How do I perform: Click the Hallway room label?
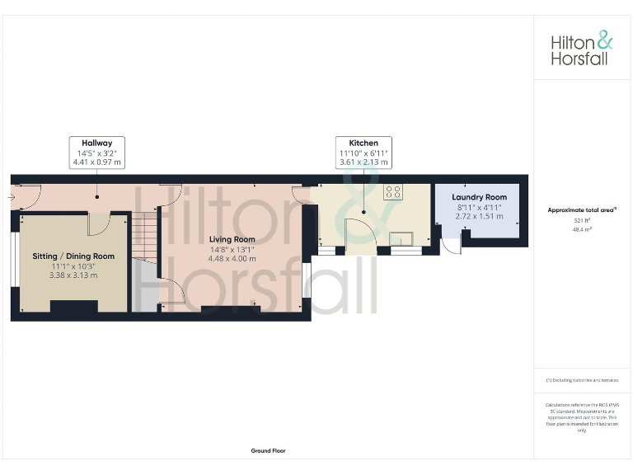(x=96, y=142)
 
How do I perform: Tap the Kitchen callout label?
(x=363, y=142)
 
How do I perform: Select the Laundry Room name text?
(x=479, y=197)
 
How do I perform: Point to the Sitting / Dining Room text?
(x=73, y=256)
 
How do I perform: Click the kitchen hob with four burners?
(x=394, y=192)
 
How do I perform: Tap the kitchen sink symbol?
(x=401, y=239)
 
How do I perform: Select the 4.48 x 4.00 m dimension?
(x=232, y=259)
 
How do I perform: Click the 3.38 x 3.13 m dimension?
(x=73, y=276)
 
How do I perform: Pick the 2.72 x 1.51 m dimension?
(x=479, y=217)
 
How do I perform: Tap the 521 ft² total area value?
(x=583, y=221)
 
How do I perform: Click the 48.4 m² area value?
(x=583, y=231)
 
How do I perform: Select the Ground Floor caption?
(x=268, y=451)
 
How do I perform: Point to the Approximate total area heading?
(x=582, y=210)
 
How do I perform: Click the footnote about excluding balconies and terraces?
(x=582, y=380)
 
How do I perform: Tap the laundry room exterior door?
(x=451, y=244)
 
